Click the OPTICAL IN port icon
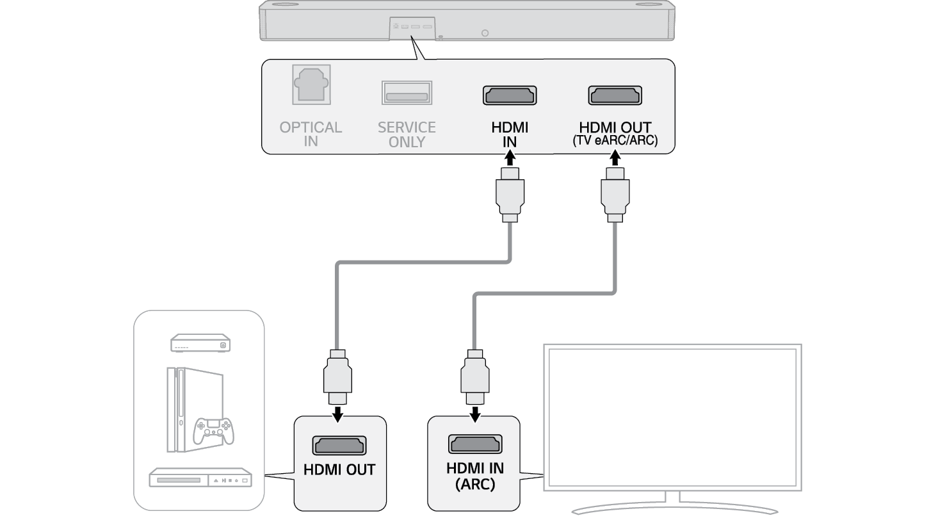click(x=311, y=85)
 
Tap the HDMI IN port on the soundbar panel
click(x=510, y=95)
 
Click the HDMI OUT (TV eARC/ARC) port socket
click(x=615, y=95)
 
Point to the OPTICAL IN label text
click(x=311, y=134)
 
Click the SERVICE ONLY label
click(x=407, y=134)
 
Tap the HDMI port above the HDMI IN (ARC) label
click(x=475, y=444)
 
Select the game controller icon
click(x=214, y=431)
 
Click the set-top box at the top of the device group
click(x=200, y=343)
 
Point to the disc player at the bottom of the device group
click(x=200, y=479)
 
